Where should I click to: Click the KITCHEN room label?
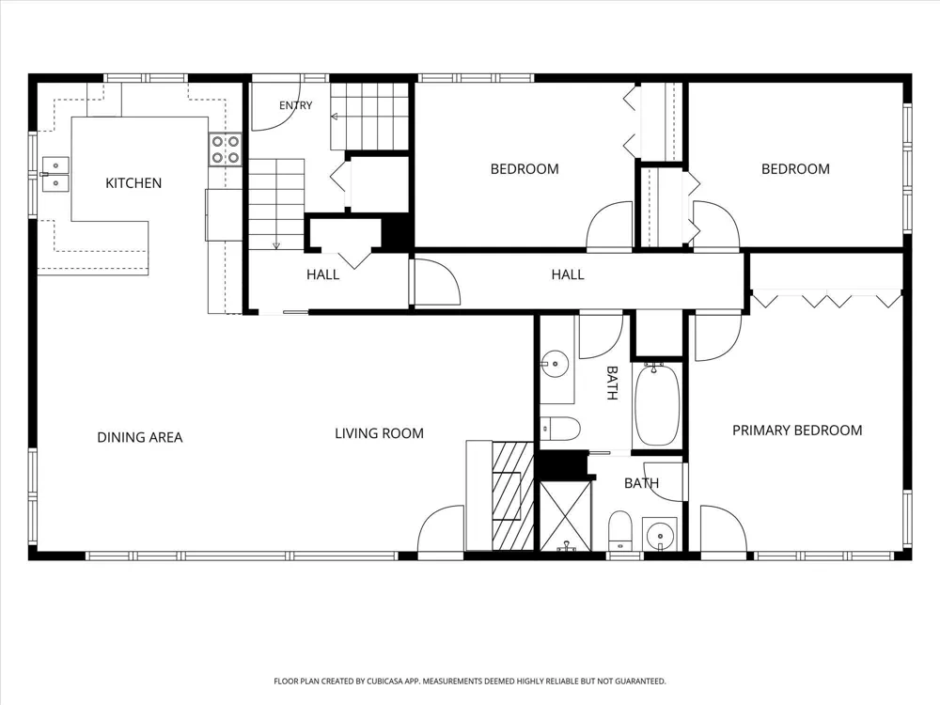pos(133,183)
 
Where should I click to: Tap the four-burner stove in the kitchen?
pos(225,149)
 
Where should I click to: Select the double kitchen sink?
pos(55,173)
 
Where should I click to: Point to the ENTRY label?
pos(295,105)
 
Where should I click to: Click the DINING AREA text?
pos(140,438)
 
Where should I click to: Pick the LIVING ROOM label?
pos(379,433)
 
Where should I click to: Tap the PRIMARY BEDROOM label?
pos(797,431)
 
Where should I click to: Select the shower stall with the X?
pos(565,515)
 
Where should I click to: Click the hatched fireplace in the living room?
pos(512,495)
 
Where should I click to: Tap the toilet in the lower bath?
pos(619,530)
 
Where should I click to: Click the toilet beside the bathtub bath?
pos(560,428)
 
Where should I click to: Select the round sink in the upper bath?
pos(556,364)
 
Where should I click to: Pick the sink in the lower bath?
pos(660,533)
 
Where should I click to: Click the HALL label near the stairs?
pos(323,274)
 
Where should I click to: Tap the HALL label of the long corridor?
pos(568,274)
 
